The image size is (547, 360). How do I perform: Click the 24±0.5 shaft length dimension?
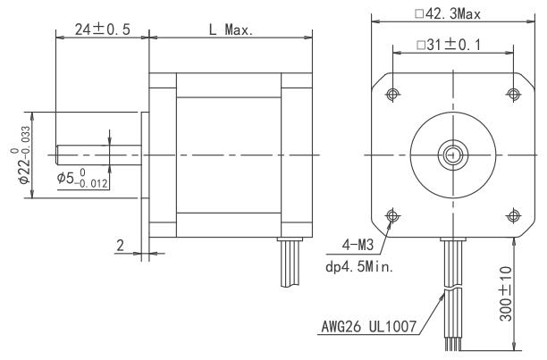(101, 29)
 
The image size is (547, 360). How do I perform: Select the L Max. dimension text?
(230, 29)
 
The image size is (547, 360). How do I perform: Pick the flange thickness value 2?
(120, 243)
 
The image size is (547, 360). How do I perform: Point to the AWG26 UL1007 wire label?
(369, 326)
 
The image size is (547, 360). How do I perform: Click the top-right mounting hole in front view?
(512, 95)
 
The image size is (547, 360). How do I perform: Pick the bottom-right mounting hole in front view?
(512, 214)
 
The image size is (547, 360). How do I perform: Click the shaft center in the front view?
(452, 155)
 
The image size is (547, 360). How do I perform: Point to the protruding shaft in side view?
(98, 155)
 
